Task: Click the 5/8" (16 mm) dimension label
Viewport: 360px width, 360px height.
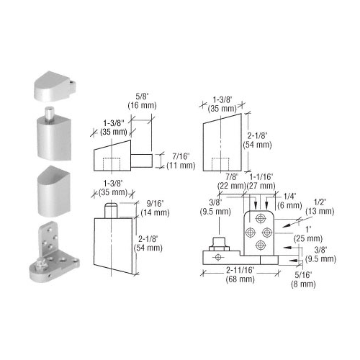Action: [x=142, y=101]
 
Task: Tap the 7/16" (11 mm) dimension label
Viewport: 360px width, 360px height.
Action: [x=181, y=161]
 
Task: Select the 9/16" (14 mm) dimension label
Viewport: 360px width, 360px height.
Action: [x=155, y=208]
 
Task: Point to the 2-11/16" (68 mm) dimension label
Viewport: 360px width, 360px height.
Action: [x=240, y=274]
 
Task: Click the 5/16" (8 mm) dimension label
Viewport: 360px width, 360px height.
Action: [x=303, y=279]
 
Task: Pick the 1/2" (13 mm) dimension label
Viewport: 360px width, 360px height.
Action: [x=320, y=207]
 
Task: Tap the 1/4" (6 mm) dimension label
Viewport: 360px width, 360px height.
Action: [x=289, y=201]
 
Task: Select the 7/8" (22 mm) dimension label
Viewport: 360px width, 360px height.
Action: [x=232, y=181]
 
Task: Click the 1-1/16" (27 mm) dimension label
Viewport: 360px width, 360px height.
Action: [x=261, y=181]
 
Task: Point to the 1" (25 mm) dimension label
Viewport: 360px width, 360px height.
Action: [x=308, y=234]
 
